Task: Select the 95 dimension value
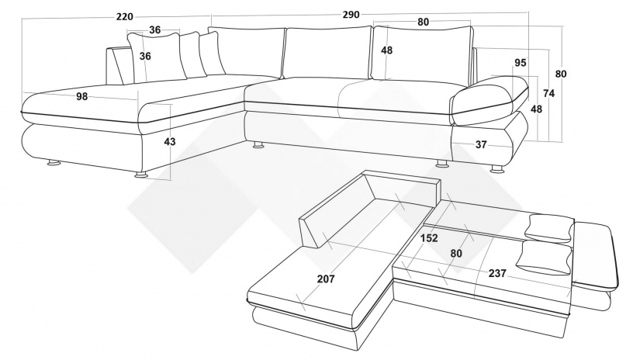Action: point(520,63)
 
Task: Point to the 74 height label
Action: point(548,93)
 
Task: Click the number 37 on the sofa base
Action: point(481,144)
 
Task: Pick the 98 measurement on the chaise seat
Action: point(83,96)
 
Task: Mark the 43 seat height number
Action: point(170,142)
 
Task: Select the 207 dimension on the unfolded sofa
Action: point(326,279)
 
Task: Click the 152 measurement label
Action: point(429,238)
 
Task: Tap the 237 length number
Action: point(498,272)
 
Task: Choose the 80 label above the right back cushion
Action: point(423,22)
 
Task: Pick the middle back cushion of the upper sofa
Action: point(327,54)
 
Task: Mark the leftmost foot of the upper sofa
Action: point(54,163)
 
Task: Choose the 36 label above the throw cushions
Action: point(155,30)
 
